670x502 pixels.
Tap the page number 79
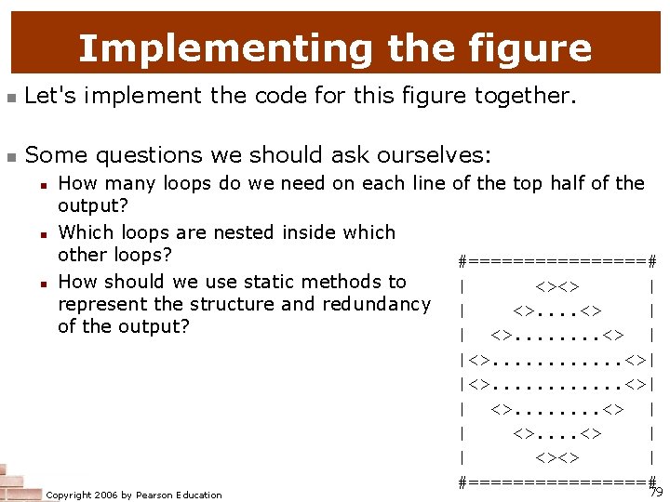pos(656,492)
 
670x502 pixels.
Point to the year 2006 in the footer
pos(99,495)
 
